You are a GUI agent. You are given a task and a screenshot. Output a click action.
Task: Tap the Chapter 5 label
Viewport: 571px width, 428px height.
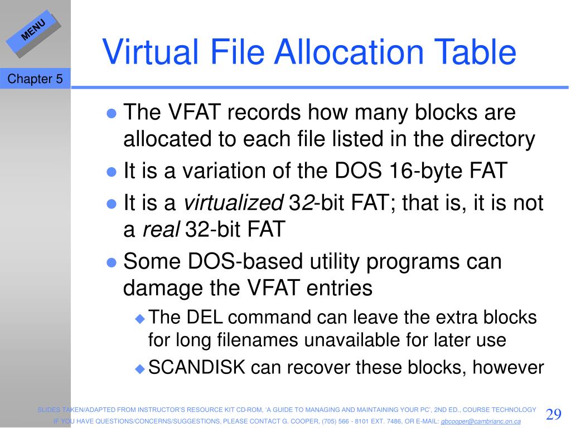point(35,79)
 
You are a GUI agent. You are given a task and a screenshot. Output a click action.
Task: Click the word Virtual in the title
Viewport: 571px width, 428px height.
point(150,52)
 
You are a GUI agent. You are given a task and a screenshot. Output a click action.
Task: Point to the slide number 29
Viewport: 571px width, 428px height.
point(554,414)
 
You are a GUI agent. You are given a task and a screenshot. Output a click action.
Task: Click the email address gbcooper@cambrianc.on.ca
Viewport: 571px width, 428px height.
point(481,421)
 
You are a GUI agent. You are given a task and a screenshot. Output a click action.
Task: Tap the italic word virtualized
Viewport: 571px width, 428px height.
point(234,202)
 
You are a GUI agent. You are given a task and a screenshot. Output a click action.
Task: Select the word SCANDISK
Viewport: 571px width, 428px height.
point(197,367)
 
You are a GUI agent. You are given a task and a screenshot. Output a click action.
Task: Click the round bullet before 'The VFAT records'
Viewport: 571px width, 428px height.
point(112,113)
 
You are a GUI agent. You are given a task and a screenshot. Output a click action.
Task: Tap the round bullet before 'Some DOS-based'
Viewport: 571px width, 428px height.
point(112,262)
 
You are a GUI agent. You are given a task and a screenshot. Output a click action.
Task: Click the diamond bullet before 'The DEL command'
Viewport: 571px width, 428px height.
point(140,319)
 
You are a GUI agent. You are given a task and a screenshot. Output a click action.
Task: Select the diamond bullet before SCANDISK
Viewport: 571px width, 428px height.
point(140,369)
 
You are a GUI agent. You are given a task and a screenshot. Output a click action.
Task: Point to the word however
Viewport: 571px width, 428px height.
point(508,367)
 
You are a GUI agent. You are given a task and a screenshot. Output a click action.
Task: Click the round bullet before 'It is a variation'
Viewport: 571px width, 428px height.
point(112,172)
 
